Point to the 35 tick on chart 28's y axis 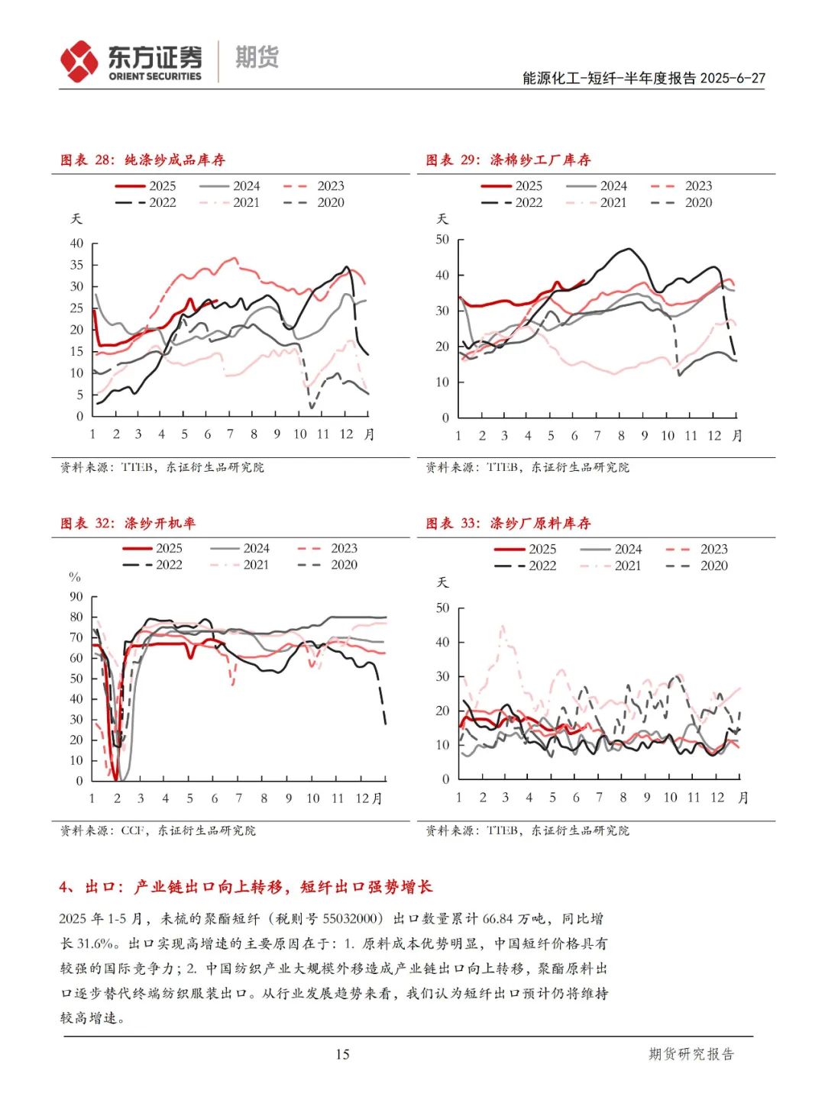tap(77, 265)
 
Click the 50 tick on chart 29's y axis tap(442, 240)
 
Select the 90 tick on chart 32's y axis tap(76, 597)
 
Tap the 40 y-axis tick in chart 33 tap(442, 642)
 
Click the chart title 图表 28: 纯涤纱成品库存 tap(143, 160)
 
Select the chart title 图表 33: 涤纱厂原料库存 tap(508, 524)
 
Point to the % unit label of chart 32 tap(75, 577)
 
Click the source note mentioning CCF tap(158, 830)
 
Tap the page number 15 tap(342, 1054)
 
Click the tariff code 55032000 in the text tap(348, 919)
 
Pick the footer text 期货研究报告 tap(691, 1054)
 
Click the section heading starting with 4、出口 tap(246, 887)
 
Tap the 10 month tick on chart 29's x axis tap(668, 435)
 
